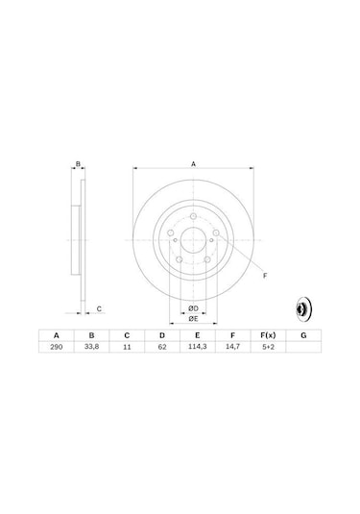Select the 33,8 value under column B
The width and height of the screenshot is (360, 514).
click(x=92, y=349)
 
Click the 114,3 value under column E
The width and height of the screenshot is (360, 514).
click(x=198, y=349)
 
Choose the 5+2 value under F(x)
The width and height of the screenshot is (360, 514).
click(x=268, y=349)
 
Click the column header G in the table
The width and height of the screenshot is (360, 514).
click(x=303, y=336)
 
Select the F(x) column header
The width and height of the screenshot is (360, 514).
click(x=268, y=336)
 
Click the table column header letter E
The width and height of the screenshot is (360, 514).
click(x=198, y=336)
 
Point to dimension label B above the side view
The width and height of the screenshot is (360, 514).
click(x=78, y=165)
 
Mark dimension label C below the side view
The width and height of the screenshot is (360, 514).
click(x=99, y=309)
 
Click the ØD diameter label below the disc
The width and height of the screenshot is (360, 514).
click(x=192, y=307)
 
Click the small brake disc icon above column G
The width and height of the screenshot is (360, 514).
click(x=300, y=310)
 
